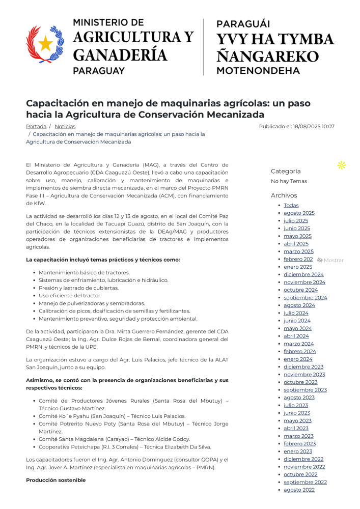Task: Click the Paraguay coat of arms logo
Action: point(45,45)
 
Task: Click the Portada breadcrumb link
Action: point(36,126)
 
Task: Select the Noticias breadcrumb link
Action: point(65,126)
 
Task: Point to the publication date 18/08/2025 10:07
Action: point(296,126)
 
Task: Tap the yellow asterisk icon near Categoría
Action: point(342,165)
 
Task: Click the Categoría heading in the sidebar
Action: point(286,172)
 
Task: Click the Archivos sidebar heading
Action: point(284,195)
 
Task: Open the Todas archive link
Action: point(291,205)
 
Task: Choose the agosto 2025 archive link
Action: point(299,213)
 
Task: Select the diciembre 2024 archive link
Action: point(303,274)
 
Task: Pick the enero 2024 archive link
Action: point(298,359)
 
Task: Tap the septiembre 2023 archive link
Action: point(305,390)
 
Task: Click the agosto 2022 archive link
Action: point(299,490)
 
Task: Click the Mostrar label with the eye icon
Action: point(330,260)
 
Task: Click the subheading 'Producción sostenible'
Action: point(56,480)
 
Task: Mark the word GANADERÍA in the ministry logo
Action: point(120,55)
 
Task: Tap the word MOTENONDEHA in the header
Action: point(258,71)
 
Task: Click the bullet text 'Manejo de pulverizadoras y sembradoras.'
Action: point(92,303)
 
